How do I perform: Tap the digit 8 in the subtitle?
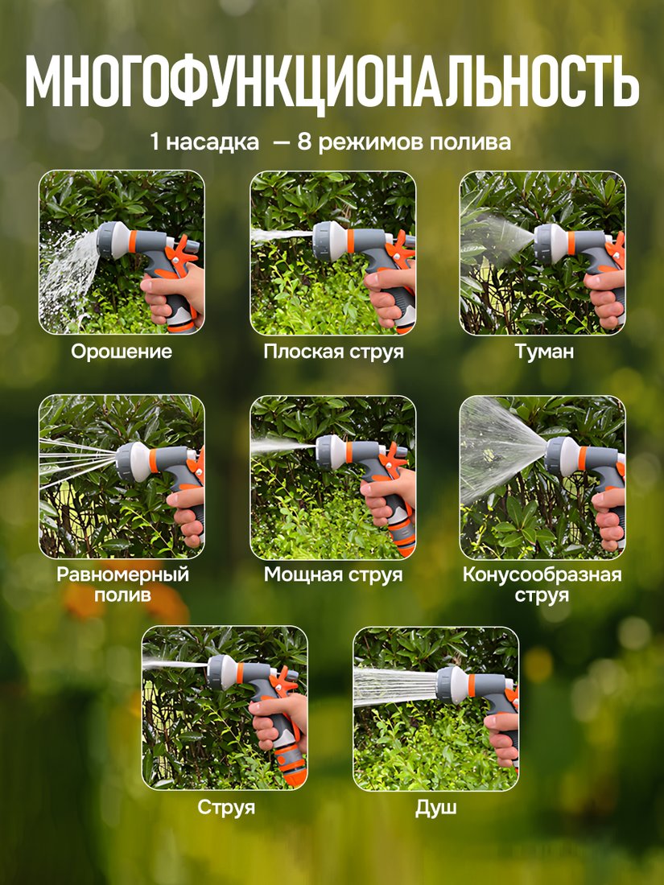pos(304,141)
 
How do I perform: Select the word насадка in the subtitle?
pos(212,142)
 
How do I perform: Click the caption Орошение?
pos(122,351)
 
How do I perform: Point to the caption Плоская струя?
pos(334,352)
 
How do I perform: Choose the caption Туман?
pos(544,351)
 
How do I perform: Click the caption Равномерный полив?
pos(122,584)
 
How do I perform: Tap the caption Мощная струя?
pos(333,574)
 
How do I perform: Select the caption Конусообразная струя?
pos(542,584)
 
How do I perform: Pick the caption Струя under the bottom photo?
pos(226,807)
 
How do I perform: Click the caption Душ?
pos(436,807)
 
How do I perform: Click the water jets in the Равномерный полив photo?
pos(76,460)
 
